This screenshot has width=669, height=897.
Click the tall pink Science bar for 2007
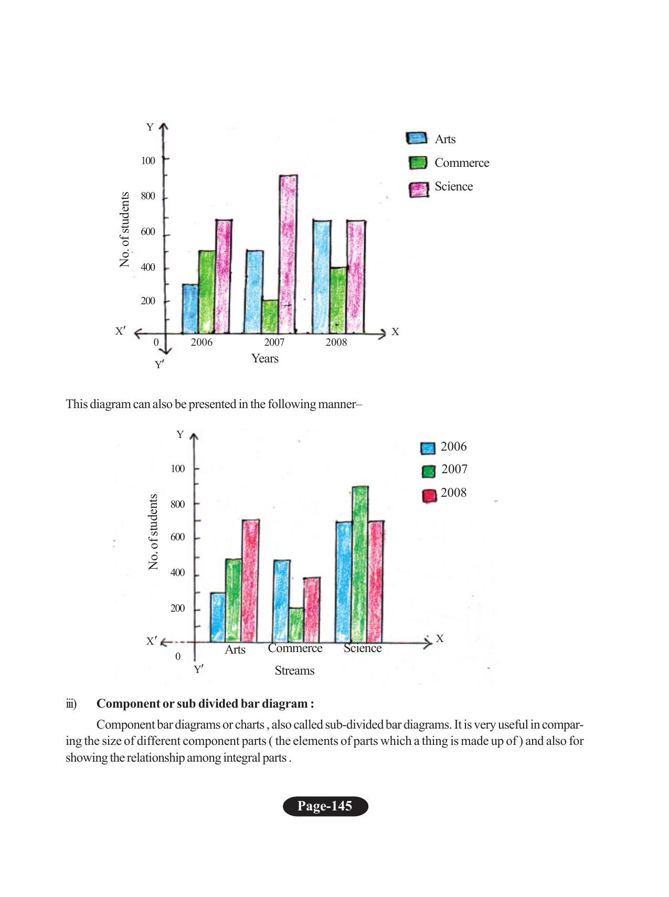[288, 254]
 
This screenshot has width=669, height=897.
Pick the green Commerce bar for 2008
[338, 300]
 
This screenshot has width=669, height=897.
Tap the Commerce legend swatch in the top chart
[418, 163]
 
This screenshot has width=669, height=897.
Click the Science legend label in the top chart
[453, 187]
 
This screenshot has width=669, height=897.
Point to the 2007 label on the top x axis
[274, 343]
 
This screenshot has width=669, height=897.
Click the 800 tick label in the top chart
[148, 196]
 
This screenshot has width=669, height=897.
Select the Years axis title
[264, 359]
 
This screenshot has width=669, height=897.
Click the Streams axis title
[294, 670]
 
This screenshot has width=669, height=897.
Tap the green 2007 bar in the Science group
[360, 564]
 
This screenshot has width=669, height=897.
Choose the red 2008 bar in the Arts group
[250, 581]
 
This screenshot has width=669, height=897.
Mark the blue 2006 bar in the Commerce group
[281, 601]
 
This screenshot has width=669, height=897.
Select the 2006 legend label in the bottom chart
[453, 447]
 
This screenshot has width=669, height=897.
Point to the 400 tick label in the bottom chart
[177, 573]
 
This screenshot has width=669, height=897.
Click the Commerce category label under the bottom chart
[295, 648]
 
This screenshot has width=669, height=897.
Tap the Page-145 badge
[325, 806]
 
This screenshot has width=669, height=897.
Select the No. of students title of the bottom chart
[153, 532]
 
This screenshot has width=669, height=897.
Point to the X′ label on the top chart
[120, 332]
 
